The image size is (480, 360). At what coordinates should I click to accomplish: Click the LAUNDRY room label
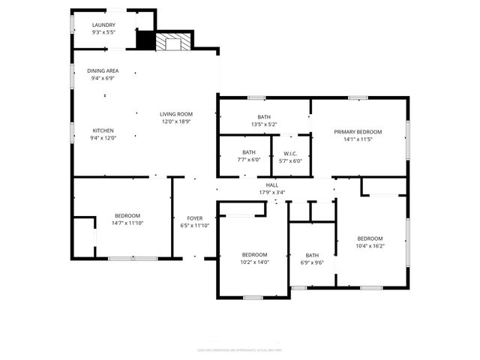point(103,25)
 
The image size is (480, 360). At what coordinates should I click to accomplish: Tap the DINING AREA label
point(103,70)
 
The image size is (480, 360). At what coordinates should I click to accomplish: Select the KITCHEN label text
point(103,130)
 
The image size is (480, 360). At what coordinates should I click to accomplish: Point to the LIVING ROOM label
point(176,114)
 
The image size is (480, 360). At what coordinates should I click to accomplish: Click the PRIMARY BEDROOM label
point(358,131)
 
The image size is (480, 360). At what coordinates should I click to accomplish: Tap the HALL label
point(271,184)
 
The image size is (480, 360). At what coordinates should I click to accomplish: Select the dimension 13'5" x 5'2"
point(264,124)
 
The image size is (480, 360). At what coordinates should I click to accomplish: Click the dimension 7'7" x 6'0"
point(249,160)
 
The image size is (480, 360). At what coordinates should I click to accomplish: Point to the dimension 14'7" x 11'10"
point(127,223)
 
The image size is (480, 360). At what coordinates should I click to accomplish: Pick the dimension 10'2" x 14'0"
point(254,262)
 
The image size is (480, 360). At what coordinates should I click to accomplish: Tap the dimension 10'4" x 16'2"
point(370,245)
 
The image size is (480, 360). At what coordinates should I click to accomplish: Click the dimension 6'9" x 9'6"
point(312,262)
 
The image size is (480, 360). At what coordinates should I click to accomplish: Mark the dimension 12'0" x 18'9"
point(176,121)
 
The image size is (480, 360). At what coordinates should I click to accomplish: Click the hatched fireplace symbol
point(173,42)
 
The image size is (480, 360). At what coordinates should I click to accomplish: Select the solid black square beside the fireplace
point(144,40)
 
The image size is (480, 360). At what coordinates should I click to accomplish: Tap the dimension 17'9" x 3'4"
point(271,192)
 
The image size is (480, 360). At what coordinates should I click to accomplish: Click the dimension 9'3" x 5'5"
point(103,33)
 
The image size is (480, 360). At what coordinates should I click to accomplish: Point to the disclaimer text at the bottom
point(239,349)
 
